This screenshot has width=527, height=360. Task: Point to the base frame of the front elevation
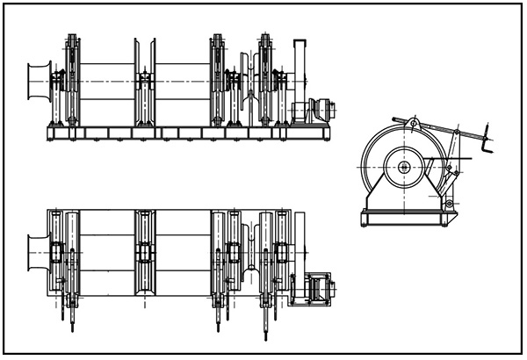tap(189, 133)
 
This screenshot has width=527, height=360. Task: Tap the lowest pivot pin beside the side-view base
tap(449, 204)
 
